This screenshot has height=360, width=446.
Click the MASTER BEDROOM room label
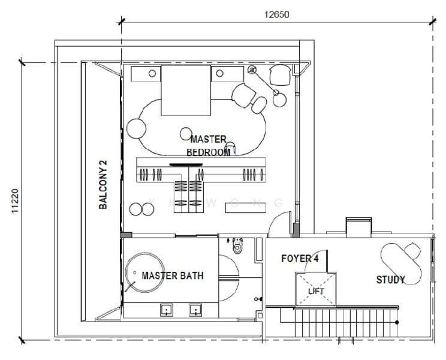[208, 146]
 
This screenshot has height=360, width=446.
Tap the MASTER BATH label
[172, 276]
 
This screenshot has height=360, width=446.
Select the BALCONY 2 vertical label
[103, 185]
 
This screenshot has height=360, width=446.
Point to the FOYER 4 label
[300, 259]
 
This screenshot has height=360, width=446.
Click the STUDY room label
[390, 280]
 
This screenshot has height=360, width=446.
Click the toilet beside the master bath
[239, 246]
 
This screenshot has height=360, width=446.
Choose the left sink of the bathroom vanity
[165, 310]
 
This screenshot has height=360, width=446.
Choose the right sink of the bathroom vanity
[195, 310]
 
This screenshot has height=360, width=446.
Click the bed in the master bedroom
[185, 90]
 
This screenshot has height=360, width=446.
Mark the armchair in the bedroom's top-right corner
[279, 75]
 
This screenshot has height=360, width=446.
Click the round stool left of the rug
[137, 128]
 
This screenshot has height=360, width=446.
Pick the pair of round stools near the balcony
[141, 209]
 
